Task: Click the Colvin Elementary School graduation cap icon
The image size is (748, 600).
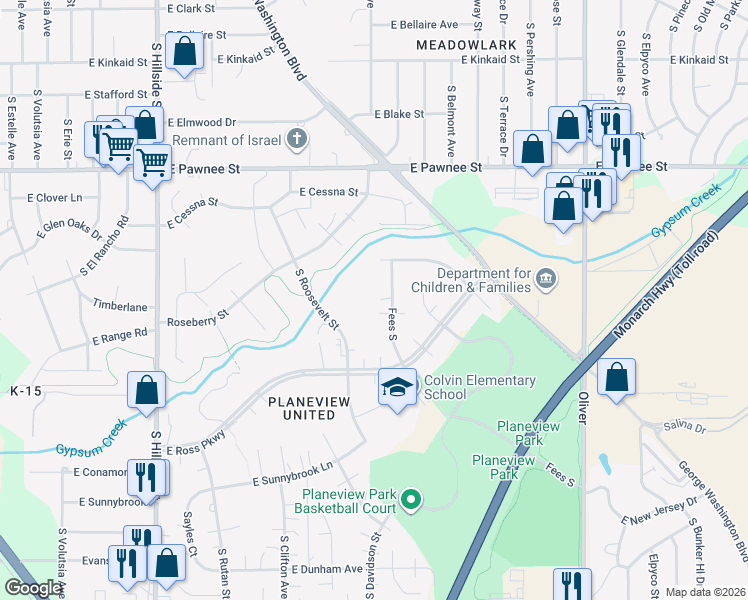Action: [397, 386]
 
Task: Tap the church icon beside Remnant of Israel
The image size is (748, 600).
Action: [296, 138]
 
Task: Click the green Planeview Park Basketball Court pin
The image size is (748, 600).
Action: [409, 499]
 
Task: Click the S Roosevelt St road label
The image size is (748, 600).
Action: [317, 299]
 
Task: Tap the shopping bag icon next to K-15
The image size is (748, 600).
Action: [147, 391]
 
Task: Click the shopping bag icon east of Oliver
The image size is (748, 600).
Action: [617, 378]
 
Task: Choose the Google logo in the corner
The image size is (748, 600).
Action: [33, 588]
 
